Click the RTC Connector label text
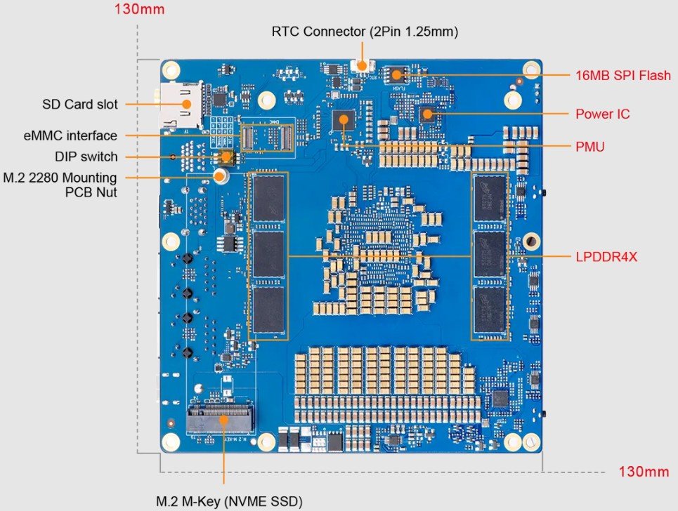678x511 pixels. [x=364, y=32]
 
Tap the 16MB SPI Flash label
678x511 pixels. [x=622, y=75]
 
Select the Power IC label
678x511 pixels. [x=602, y=114]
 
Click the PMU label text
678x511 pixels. [x=589, y=147]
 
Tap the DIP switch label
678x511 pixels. [x=86, y=157]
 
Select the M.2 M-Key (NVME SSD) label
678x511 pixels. [x=229, y=501]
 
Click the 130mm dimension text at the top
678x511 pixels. [x=138, y=11]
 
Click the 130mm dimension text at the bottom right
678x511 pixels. [x=644, y=471]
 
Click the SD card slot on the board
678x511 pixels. [x=184, y=105]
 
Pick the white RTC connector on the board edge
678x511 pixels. [x=363, y=66]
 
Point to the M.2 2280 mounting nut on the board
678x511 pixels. [x=221, y=175]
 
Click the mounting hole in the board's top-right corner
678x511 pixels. [x=531, y=69]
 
